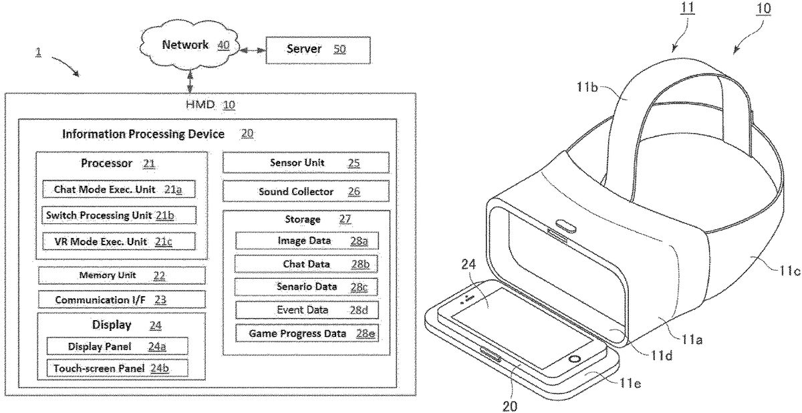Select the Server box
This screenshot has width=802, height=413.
tap(318, 50)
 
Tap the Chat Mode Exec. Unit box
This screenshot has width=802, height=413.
tap(119, 189)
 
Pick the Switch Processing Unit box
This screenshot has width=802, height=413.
tap(119, 215)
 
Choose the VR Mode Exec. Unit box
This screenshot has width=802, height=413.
tap(119, 241)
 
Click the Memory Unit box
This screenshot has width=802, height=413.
tap(122, 275)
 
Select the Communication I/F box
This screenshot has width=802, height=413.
tap(122, 299)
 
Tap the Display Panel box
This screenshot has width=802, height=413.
tap(118, 346)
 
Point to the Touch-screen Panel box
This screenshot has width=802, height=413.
tap(118, 368)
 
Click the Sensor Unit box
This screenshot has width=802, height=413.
tap(306, 162)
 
